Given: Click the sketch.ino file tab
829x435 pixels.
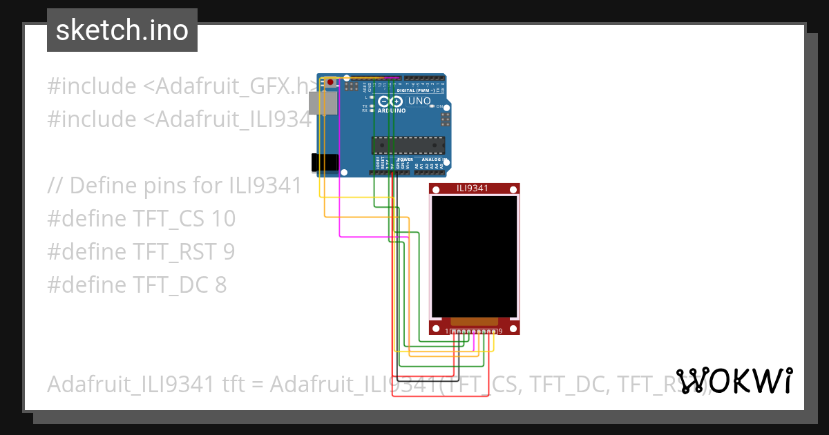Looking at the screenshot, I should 122,30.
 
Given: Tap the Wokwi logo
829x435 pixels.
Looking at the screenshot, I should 734,380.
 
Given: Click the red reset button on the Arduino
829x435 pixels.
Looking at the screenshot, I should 330,83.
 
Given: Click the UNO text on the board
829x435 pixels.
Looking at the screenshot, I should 419,101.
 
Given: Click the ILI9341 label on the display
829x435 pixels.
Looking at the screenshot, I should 473,188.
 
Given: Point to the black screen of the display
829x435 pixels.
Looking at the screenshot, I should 474,255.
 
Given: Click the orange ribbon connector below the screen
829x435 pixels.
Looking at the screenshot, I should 474,321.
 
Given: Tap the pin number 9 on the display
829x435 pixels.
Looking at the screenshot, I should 499,331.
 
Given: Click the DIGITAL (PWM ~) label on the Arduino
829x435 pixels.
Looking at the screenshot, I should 415,90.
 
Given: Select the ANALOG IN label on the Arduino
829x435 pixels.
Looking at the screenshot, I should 434,159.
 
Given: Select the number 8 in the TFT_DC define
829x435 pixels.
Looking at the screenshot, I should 219,285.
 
